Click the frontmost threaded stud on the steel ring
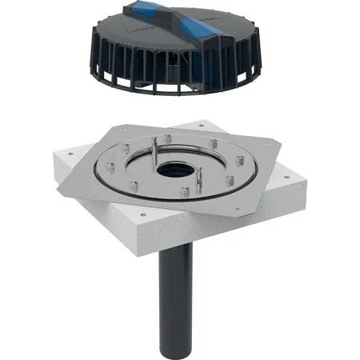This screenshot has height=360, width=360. [183, 192]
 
